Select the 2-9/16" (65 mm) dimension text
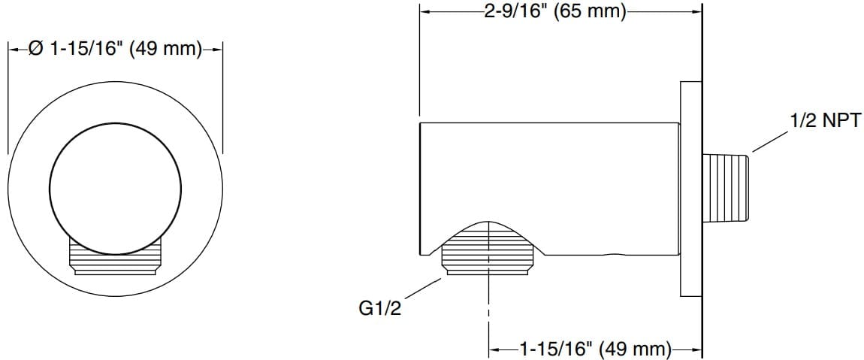click(x=556, y=13)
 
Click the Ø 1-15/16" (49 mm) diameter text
click(x=115, y=50)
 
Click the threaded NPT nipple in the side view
click(x=727, y=187)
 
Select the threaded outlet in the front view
click(x=116, y=259)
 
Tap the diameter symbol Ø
click(x=35, y=50)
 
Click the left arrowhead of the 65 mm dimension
click(x=424, y=12)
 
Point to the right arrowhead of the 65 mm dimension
click(x=696, y=12)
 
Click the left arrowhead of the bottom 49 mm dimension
click(x=494, y=349)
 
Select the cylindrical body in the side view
click(x=548, y=173)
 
